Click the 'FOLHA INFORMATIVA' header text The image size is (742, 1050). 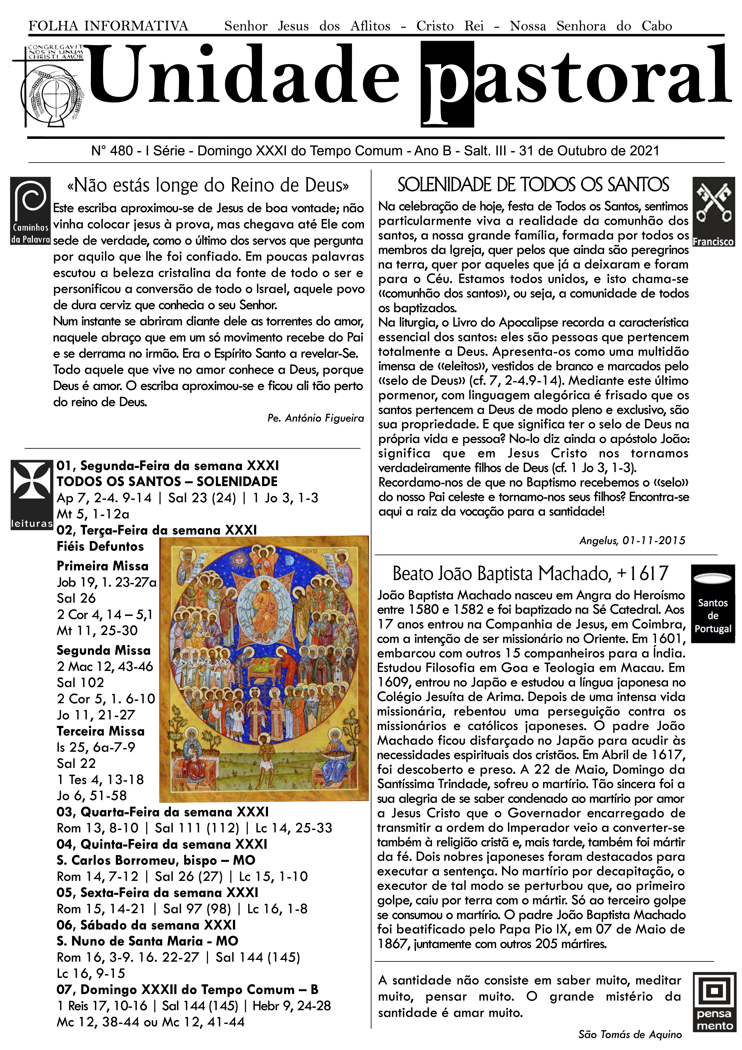(108, 26)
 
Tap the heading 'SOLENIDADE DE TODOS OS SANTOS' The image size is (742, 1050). (533, 185)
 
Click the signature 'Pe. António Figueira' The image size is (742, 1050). (315, 418)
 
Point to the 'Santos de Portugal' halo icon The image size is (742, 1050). (713, 604)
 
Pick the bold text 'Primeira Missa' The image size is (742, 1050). (102, 566)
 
